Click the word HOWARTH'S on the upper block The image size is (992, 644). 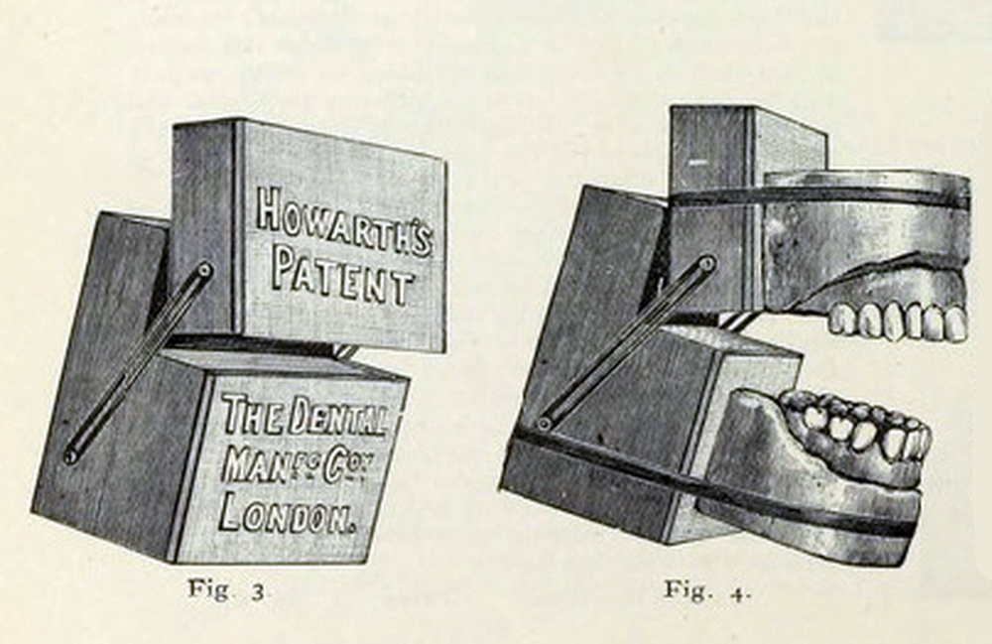click(x=343, y=223)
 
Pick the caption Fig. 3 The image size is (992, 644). click(x=226, y=590)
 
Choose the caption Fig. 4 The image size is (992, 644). click(x=707, y=590)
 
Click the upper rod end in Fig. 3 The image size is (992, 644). click(x=203, y=271)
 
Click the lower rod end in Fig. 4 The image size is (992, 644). click(x=544, y=424)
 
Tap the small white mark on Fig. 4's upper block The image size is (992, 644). click(x=695, y=163)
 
